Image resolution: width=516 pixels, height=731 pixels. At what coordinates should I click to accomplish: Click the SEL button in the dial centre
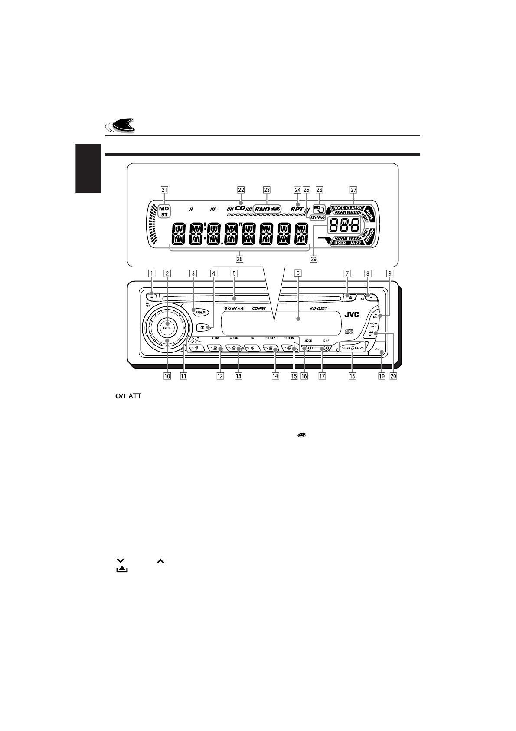pyautogui.click(x=167, y=328)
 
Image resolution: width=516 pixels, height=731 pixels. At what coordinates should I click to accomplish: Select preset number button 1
pyautogui.click(x=196, y=348)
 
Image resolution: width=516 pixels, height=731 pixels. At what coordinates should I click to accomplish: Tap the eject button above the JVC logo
pyautogui.click(x=349, y=297)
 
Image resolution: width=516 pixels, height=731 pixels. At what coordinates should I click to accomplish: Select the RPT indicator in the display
pyautogui.click(x=297, y=209)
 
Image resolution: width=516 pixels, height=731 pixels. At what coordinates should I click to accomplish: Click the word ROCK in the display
pyautogui.click(x=339, y=208)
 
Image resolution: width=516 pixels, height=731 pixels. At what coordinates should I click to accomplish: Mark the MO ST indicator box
pyautogui.click(x=164, y=211)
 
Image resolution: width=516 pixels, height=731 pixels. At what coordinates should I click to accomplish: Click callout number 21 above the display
pyautogui.click(x=164, y=190)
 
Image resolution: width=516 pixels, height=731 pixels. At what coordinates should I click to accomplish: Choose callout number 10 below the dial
pyautogui.click(x=167, y=376)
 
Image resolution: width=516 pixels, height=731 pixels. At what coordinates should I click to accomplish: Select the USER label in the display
pyautogui.click(x=340, y=244)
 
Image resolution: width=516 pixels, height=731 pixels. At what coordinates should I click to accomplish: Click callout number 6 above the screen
pyautogui.click(x=298, y=273)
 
